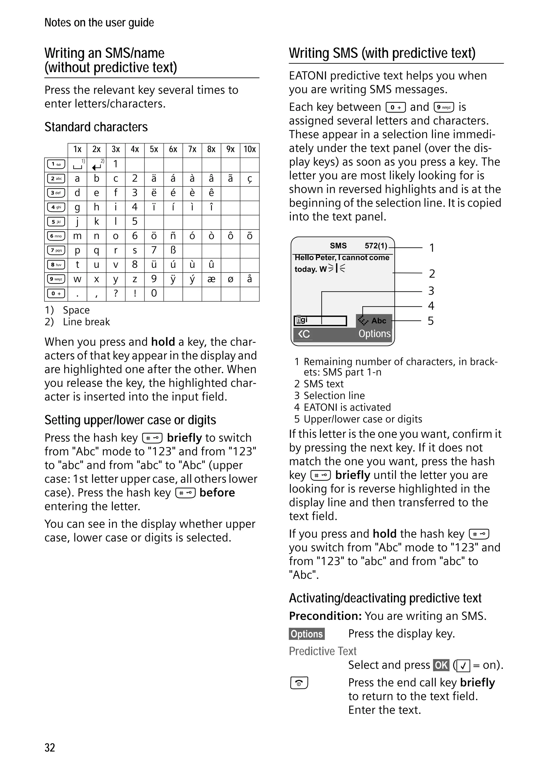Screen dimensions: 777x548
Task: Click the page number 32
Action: [x=50, y=748]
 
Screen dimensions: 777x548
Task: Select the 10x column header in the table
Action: [x=249, y=150]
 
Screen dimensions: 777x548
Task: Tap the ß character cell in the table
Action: [x=173, y=250]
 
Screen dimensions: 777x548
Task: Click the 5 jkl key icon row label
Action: [x=56, y=222]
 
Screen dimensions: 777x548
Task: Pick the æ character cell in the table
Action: [x=211, y=279]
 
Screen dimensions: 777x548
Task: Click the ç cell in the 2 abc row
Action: [x=249, y=179]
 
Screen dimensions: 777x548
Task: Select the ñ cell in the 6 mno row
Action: [x=173, y=236]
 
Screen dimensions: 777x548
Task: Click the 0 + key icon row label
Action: [x=56, y=293]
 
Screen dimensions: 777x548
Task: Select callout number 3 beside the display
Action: [x=431, y=291]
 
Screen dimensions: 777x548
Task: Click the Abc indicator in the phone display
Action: [x=378, y=320]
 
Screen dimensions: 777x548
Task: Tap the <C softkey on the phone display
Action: [x=304, y=334]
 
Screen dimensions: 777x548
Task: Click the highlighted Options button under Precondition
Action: [x=307, y=634]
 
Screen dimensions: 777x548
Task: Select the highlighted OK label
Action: [x=441, y=665]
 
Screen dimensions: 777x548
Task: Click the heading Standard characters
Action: [x=96, y=127]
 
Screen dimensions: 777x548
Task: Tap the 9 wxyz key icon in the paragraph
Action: [x=444, y=107]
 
